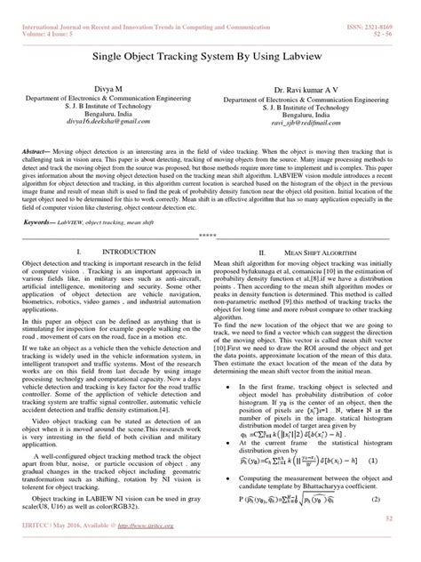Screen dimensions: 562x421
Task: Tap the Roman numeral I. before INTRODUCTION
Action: point(79,253)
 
